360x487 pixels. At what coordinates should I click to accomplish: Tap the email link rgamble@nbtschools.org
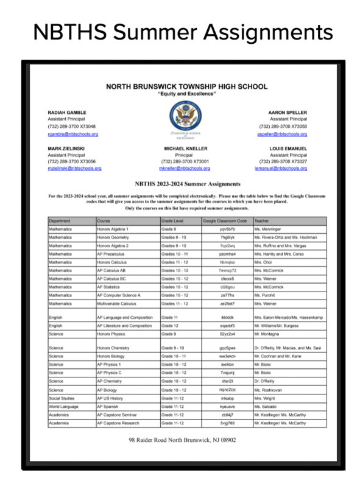coord(72,134)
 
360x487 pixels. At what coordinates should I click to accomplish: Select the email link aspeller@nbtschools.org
coord(282,134)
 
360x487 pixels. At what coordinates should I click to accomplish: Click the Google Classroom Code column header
coord(224,220)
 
